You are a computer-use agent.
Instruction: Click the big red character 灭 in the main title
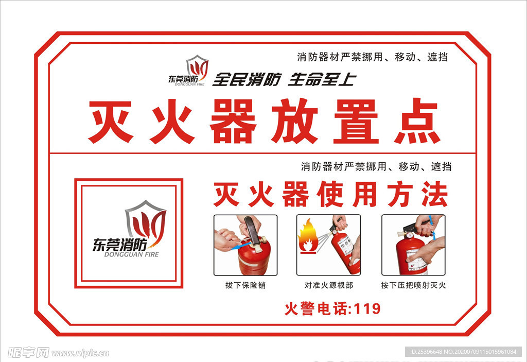(x=111, y=121)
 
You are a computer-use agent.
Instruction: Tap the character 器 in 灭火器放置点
(x=233, y=121)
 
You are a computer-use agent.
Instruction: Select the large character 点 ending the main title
(x=417, y=121)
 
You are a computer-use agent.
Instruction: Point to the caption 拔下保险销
(x=245, y=285)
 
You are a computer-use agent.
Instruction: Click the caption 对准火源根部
(x=329, y=285)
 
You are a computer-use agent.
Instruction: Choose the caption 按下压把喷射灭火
(x=413, y=285)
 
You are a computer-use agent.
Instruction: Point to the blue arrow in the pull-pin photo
(x=241, y=245)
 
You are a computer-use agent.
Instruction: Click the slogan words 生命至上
(x=322, y=79)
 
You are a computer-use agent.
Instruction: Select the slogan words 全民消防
(x=247, y=79)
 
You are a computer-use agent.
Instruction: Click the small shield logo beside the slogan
(x=197, y=67)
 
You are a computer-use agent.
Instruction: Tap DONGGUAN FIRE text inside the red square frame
(x=131, y=254)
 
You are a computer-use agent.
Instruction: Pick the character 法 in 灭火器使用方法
(x=435, y=194)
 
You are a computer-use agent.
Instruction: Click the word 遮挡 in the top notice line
(x=437, y=57)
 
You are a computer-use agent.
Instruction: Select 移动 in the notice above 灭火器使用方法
(x=409, y=166)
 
